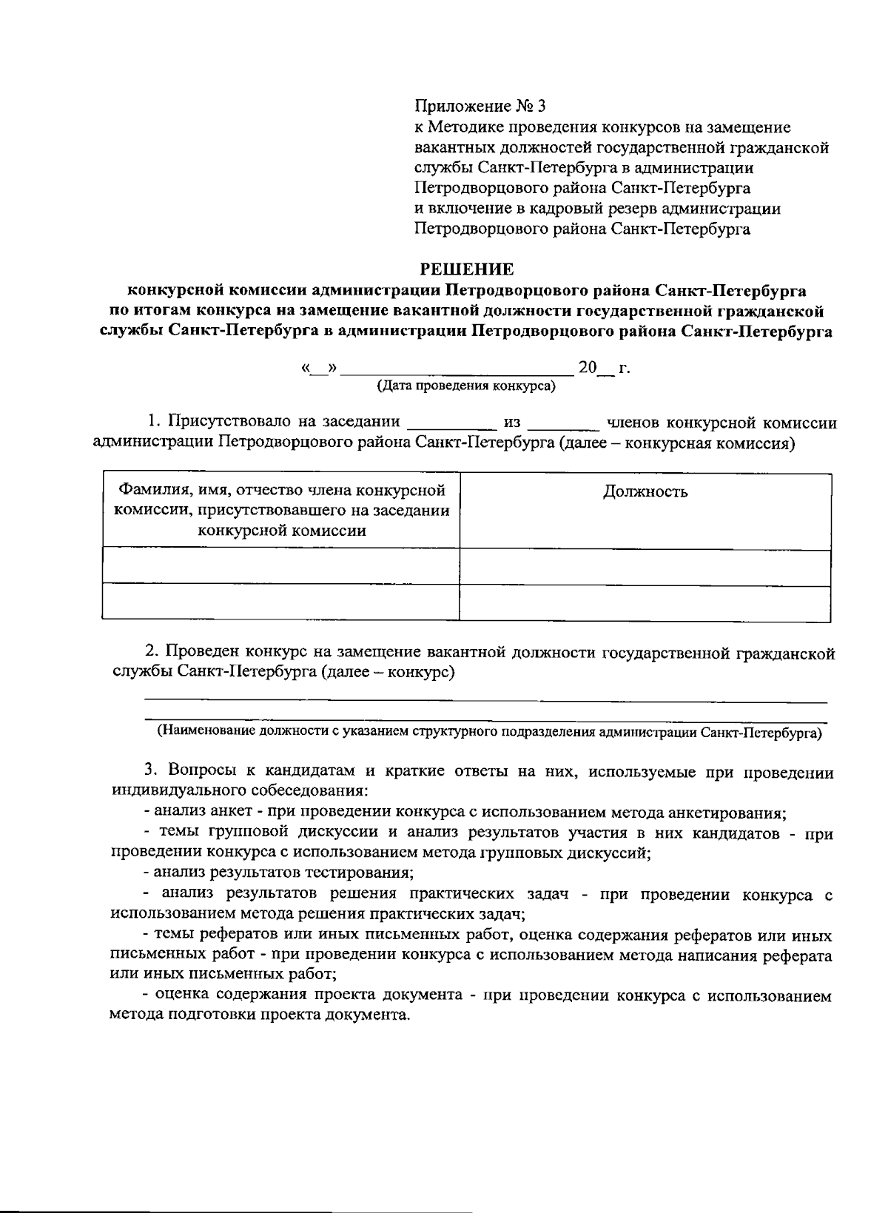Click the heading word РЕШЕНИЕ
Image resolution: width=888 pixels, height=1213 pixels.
(466, 269)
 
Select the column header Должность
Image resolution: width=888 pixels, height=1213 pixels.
(645, 492)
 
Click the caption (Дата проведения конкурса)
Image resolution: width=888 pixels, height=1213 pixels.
(466, 386)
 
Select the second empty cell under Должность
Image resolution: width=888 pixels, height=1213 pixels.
(645, 603)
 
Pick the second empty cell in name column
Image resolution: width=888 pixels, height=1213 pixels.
(281, 603)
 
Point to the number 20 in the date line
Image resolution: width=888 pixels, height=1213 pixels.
(587, 368)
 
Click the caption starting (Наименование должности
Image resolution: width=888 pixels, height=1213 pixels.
(488, 733)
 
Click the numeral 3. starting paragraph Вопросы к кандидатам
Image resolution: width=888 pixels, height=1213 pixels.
(150, 771)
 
